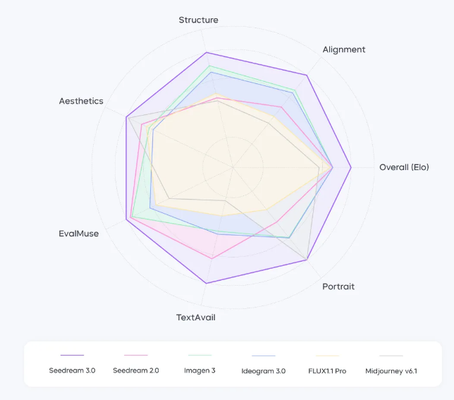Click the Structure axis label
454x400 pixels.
[198, 20]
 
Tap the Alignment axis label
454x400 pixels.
[344, 49]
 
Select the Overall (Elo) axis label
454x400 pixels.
[404, 167]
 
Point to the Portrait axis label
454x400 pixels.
[338, 286]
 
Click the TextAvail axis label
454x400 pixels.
[196, 317]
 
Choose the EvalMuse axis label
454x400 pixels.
[79, 234]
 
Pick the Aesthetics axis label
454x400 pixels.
[81, 101]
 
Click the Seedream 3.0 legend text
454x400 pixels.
[72, 370]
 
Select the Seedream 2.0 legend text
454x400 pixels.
[135, 370]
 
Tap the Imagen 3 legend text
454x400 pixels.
[200, 370]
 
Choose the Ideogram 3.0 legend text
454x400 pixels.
[263, 370]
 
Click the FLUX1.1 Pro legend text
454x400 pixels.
[327, 370]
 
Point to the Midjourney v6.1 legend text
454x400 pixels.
[391, 370]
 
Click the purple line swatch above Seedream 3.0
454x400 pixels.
[72, 356]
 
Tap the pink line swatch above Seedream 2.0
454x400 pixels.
[135, 356]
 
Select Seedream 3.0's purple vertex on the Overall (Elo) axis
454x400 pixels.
[351, 167]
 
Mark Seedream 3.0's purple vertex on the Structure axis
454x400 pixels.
[206, 52]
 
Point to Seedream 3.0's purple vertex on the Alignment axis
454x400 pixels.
[307, 75]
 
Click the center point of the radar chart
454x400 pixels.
[232, 167]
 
